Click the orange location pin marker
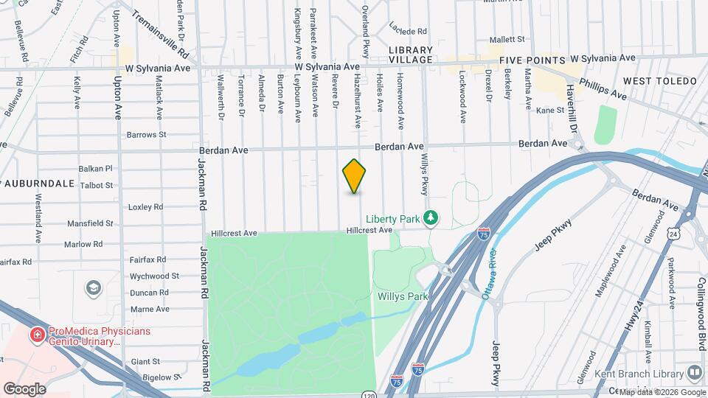pos(355,176)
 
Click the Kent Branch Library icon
pos(694,373)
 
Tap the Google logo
pos(25,388)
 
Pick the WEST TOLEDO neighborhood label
pos(659,80)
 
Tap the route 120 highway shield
pos(368,396)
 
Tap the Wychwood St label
pos(154,276)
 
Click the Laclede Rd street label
pos(408,32)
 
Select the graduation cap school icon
pos(93,286)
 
